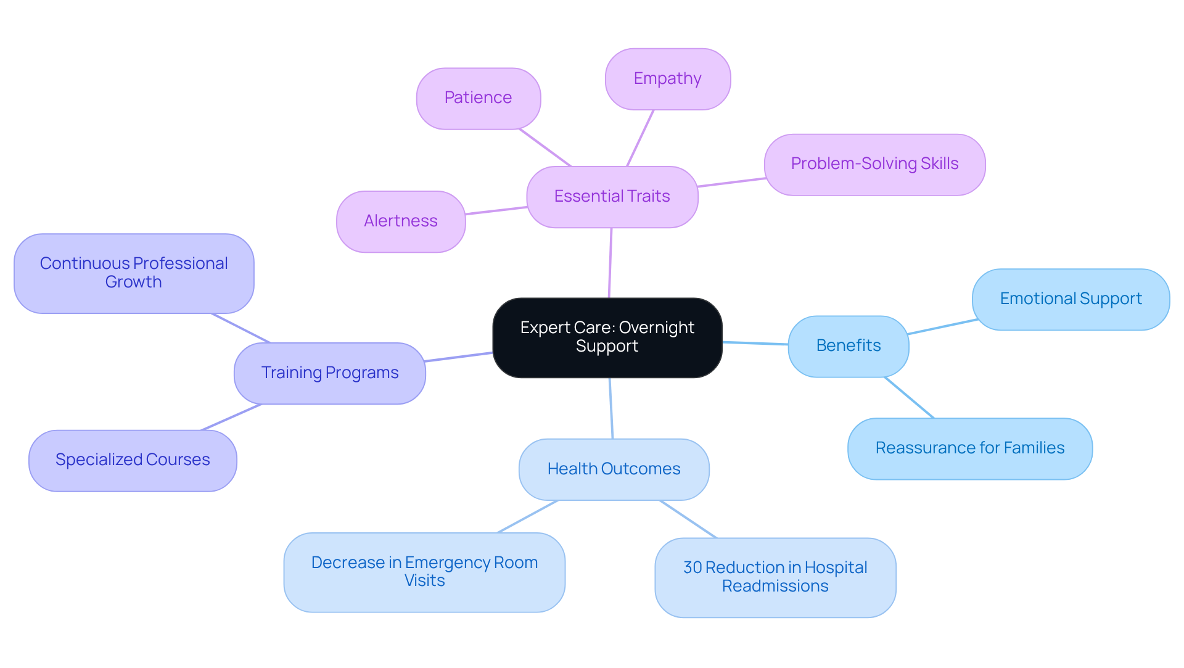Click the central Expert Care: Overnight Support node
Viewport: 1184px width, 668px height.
[x=607, y=337]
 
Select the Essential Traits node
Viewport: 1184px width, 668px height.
[x=612, y=197]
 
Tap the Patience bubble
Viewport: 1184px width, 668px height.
[x=478, y=98]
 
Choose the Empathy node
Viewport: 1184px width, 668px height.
[x=667, y=79]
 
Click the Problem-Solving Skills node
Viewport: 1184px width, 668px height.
[x=874, y=164]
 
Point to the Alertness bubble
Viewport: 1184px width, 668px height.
[x=400, y=221]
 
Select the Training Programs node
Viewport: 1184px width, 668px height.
[x=329, y=373]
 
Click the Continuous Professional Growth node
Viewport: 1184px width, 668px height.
[x=134, y=273]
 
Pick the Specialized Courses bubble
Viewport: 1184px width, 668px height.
[x=133, y=460]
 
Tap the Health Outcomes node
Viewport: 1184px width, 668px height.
[x=614, y=469]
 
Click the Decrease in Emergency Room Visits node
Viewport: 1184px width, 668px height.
[x=424, y=572]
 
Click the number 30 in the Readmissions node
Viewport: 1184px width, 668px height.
[x=693, y=567]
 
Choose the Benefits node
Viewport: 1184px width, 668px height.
[x=848, y=346]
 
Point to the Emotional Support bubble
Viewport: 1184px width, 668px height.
[x=1071, y=299]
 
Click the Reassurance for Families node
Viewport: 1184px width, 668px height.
[x=969, y=448]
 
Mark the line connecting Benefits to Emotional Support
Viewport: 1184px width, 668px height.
[x=942, y=327]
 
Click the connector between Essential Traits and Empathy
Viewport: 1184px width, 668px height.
[x=640, y=138]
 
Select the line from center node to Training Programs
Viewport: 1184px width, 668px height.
[x=459, y=357]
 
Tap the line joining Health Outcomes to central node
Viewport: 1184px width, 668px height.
[x=611, y=408]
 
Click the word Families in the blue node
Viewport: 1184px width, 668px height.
[x=1034, y=448]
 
